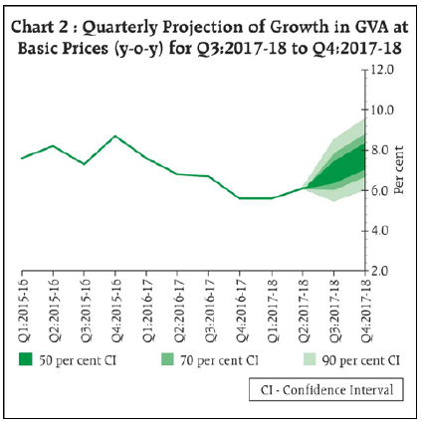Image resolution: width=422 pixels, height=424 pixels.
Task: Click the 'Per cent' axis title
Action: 399,170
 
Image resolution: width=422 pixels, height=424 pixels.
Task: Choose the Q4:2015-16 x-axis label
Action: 116,310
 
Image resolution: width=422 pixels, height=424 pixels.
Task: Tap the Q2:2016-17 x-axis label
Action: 178,310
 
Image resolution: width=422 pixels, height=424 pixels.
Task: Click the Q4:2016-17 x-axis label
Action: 241,310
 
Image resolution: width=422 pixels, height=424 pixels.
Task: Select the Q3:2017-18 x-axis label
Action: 333,310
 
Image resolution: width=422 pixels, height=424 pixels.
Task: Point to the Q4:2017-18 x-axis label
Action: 364,310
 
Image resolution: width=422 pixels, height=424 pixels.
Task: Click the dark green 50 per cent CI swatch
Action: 26,359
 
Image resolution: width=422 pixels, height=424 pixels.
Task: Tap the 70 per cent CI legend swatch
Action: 167,359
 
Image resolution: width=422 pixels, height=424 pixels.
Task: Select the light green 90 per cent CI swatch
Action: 310,359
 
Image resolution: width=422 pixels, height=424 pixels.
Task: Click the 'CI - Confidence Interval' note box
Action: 326,389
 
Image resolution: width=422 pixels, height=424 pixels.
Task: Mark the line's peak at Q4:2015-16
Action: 115,136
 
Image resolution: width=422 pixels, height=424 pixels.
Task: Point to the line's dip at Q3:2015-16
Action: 84,164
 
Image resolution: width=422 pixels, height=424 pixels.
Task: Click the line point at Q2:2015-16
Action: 53,145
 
